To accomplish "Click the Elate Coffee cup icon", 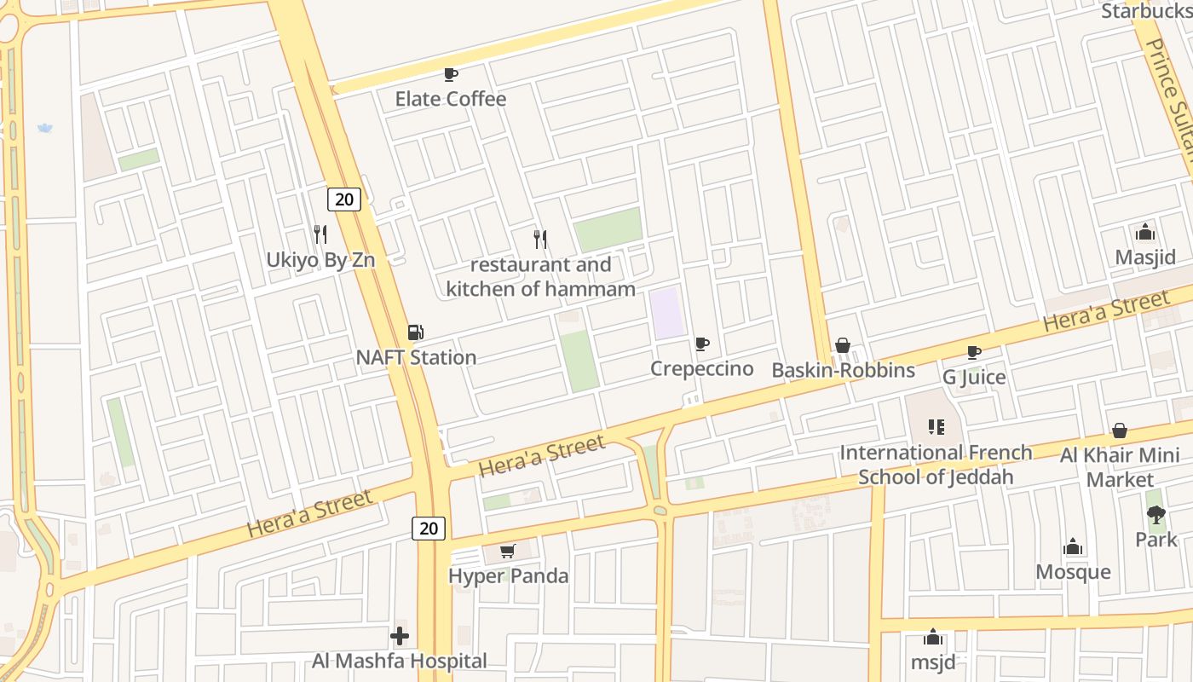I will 451,75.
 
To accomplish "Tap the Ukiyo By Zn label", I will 320,260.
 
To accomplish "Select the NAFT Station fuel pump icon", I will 416,332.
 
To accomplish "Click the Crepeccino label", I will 702,368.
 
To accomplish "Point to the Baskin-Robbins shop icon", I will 843,345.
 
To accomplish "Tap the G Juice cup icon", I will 974,352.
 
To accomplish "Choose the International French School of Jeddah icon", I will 937,426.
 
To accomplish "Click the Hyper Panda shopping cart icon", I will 508,552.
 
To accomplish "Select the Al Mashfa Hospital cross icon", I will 400,636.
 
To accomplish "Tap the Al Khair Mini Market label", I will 1120,467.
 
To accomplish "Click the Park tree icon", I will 1156,514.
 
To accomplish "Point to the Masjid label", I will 1145,257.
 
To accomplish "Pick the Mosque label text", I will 1073,572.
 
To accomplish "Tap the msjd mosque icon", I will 933,638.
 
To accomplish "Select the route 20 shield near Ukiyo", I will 344,199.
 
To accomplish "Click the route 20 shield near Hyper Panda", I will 429,529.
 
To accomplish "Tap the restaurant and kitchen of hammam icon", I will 540,239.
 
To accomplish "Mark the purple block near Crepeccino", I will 667,313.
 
